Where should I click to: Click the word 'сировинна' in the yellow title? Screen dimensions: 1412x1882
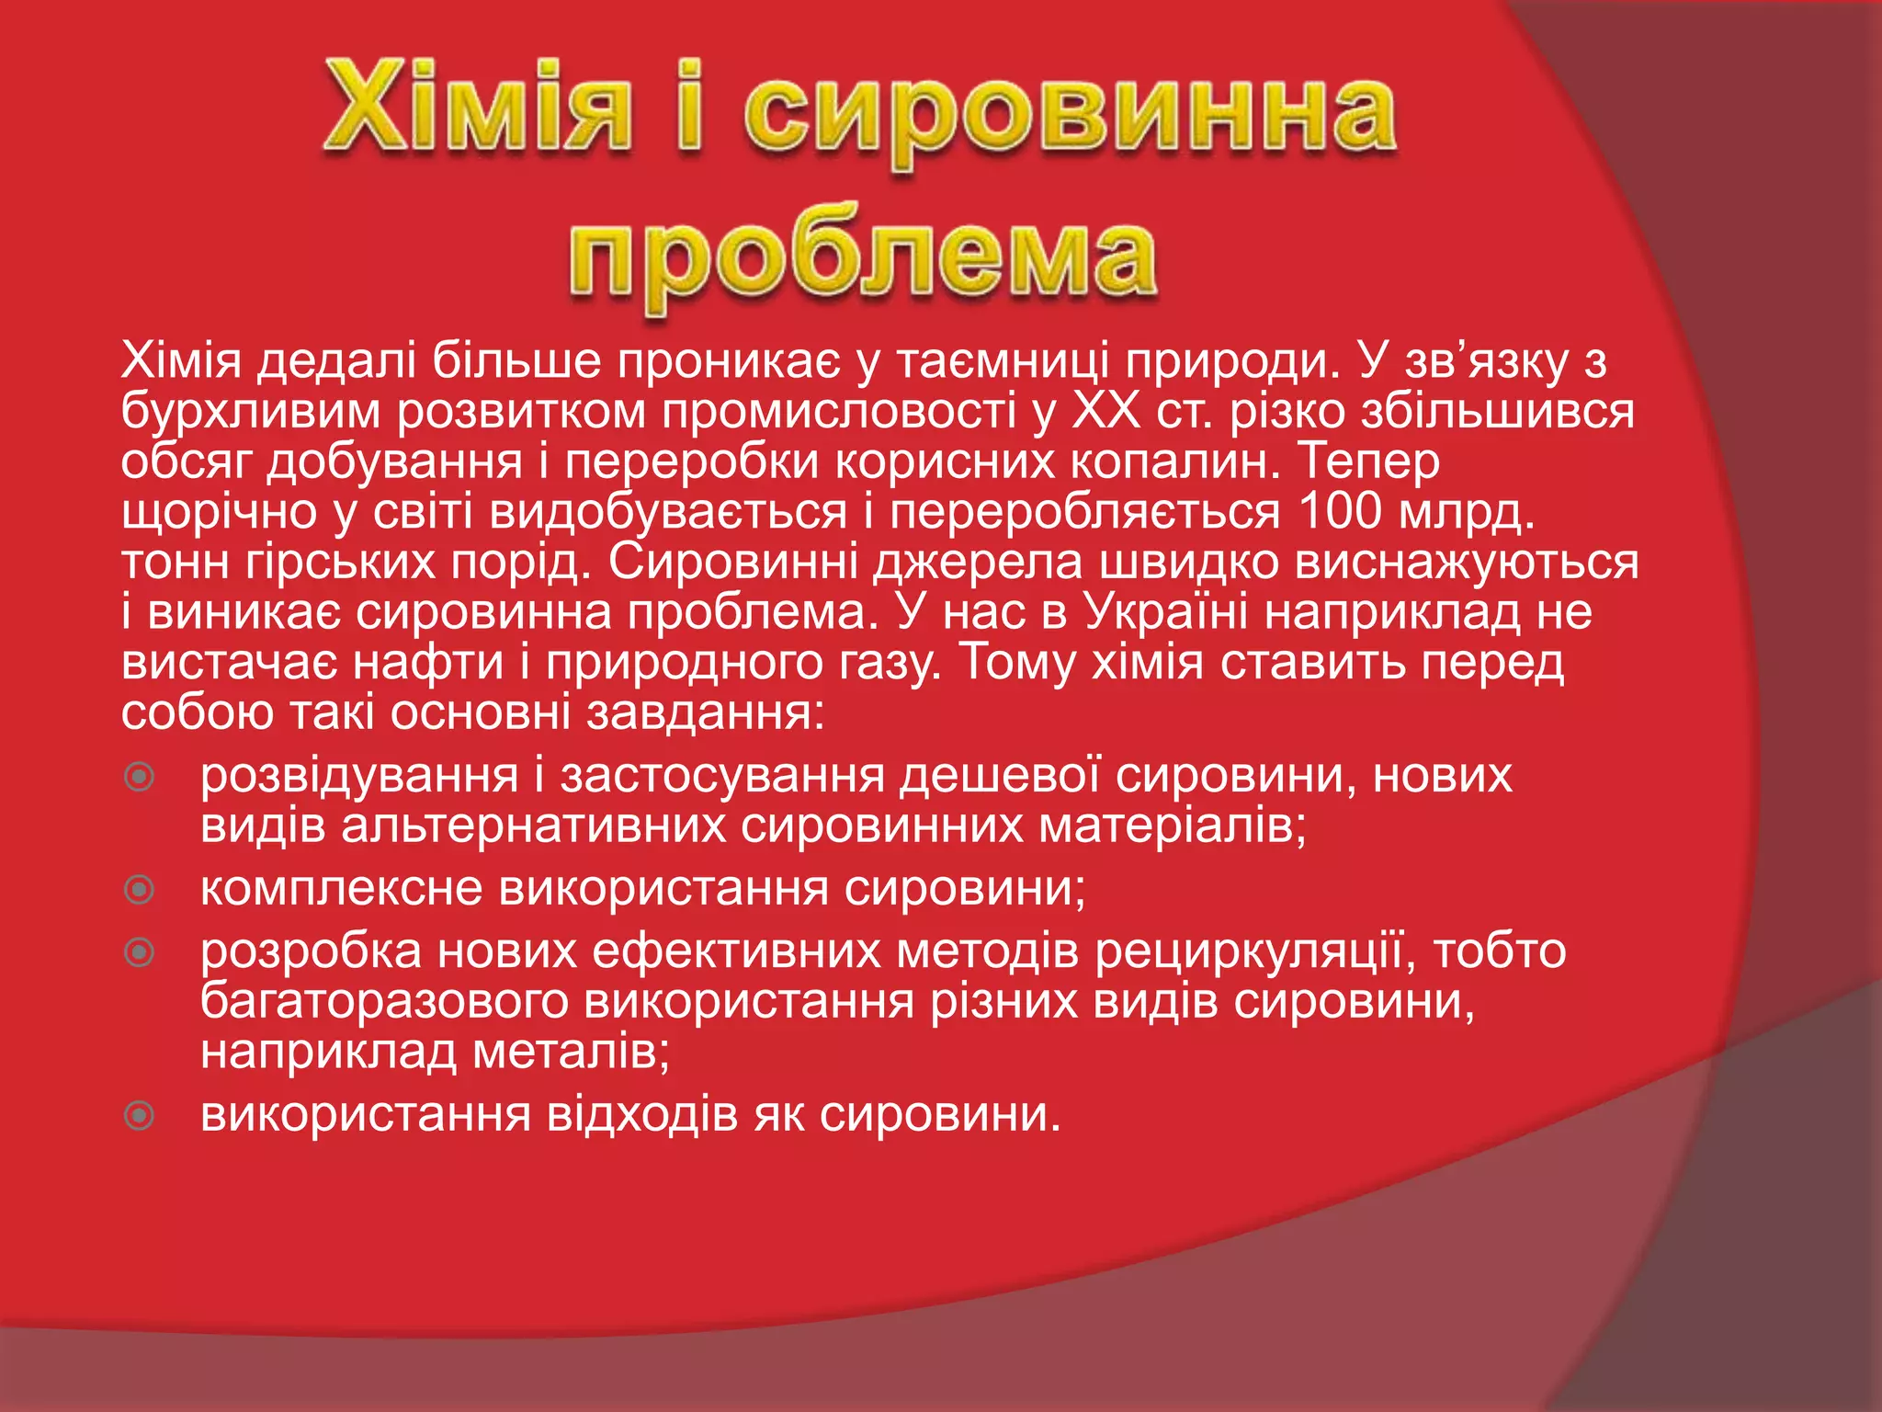(x=1071, y=115)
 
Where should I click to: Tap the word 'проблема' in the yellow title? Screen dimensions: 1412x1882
(x=862, y=253)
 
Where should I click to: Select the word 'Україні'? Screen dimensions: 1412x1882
(x=1164, y=611)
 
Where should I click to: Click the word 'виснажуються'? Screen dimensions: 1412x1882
(x=1467, y=562)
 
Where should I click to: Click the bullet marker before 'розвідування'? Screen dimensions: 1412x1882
(x=140, y=778)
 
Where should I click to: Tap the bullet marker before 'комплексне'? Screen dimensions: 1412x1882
(x=140, y=890)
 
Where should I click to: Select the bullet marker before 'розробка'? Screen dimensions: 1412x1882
(x=140, y=952)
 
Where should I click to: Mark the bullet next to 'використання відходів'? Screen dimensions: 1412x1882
(x=140, y=1116)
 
